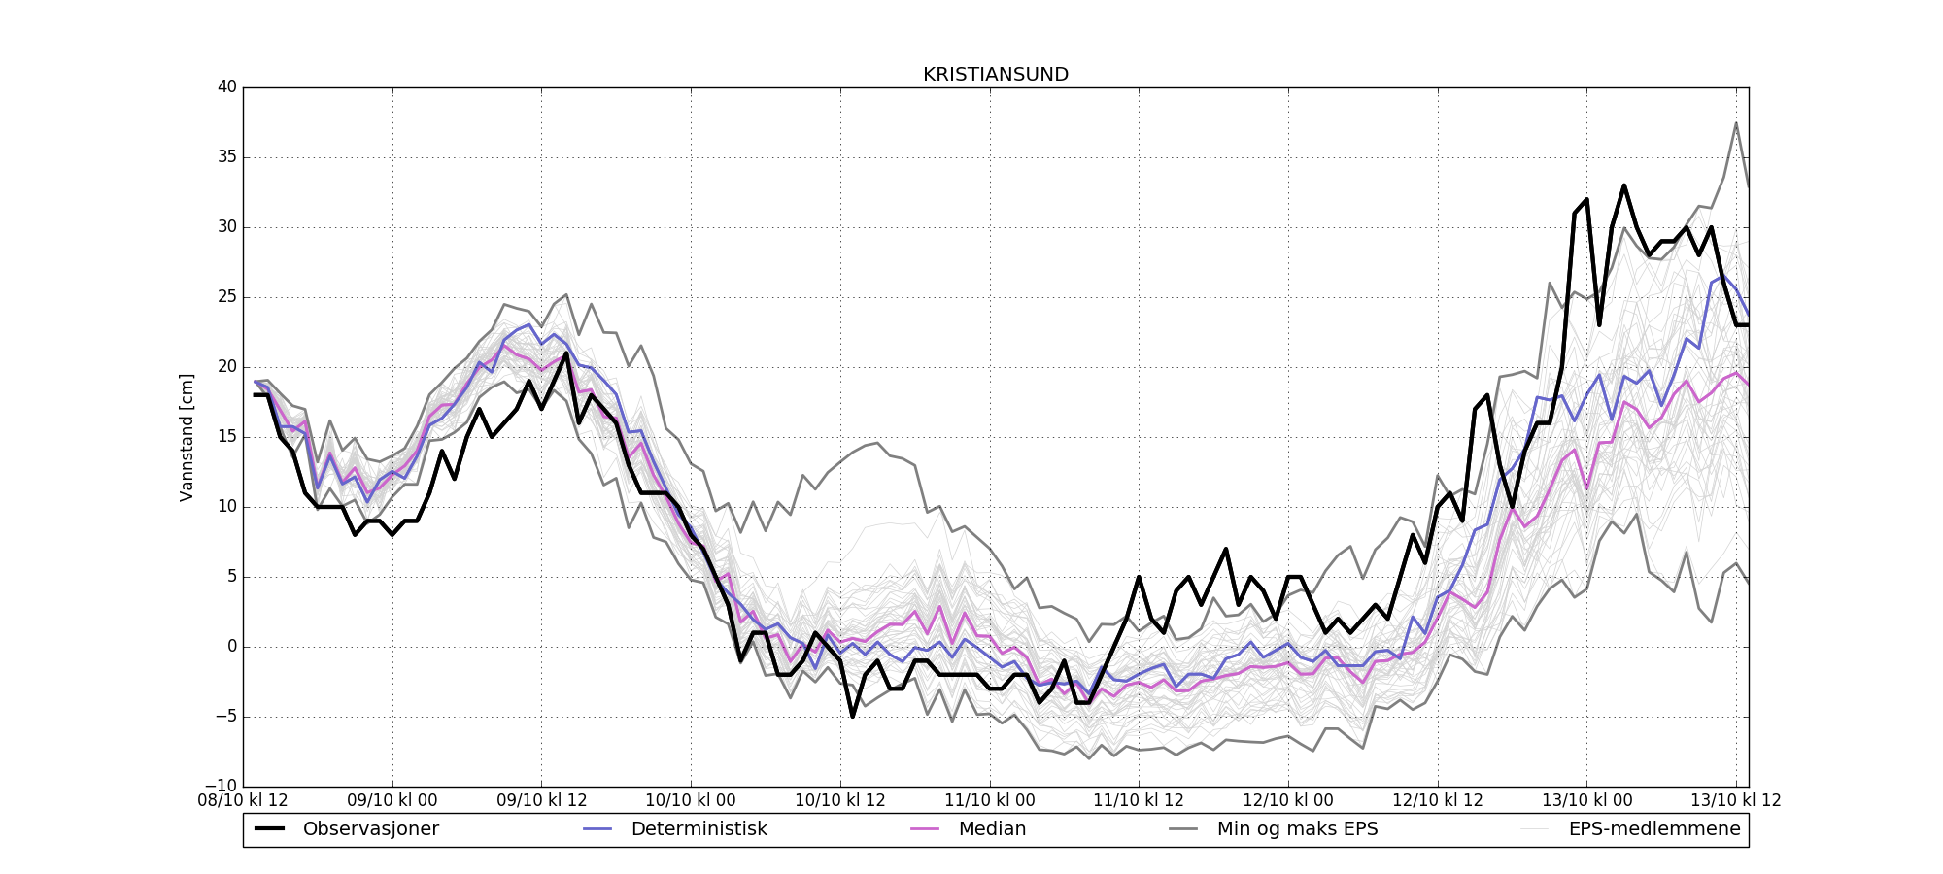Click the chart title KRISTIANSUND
(996, 75)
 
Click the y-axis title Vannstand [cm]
(187, 437)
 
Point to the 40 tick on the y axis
(227, 87)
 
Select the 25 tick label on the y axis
(227, 297)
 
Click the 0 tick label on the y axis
(232, 647)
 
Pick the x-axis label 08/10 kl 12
(243, 801)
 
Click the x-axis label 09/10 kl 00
(392, 801)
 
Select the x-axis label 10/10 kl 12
(840, 801)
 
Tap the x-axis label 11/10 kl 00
(990, 801)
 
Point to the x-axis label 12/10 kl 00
(1288, 801)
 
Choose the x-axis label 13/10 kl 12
(1736, 801)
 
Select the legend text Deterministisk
(699, 829)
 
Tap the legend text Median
(992, 829)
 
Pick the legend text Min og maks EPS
(1297, 829)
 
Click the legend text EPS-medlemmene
(1654, 829)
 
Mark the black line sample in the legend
(270, 829)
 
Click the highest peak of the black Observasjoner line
(1623, 185)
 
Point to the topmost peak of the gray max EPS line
(1736, 123)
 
